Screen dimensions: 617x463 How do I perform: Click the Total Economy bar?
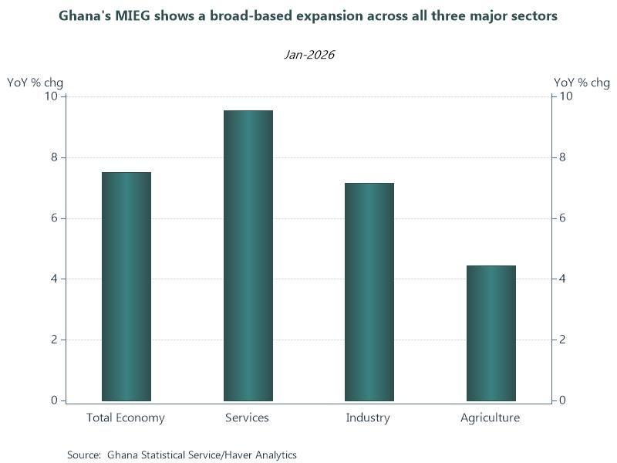coord(126,286)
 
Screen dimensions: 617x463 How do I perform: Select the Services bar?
coord(248,256)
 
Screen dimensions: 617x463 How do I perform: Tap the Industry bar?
coord(369,292)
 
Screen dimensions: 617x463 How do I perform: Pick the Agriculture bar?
coord(491,333)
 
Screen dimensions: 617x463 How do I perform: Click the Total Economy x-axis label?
coord(126,417)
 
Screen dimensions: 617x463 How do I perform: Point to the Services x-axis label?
coord(247,417)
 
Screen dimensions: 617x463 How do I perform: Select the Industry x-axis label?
coord(368,417)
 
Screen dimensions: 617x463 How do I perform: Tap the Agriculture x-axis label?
coord(490,417)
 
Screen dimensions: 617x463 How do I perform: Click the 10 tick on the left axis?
coord(51,96)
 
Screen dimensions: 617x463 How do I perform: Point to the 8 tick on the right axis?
coord(562,157)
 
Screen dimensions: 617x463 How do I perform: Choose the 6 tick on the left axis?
coord(54,218)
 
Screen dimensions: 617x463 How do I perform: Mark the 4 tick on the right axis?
coord(562,279)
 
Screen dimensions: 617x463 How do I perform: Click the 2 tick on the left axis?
coord(54,340)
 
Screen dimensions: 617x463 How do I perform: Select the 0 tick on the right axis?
coord(562,400)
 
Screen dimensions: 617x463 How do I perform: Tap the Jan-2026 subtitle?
coord(309,54)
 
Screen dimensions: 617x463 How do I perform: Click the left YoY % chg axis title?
coord(35,83)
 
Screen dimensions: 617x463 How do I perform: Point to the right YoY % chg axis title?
coord(582,83)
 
